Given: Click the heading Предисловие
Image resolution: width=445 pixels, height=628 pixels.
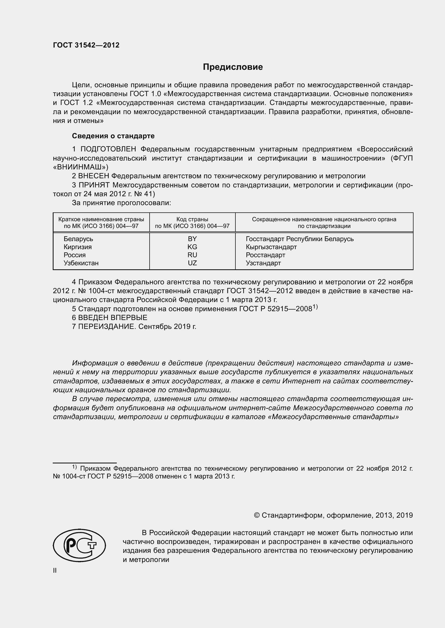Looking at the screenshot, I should [x=233, y=67].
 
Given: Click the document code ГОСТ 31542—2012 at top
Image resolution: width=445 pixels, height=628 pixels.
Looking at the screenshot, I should [x=86, y=45].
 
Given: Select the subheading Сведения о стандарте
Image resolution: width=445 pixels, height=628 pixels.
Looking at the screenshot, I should [x=113, y=136].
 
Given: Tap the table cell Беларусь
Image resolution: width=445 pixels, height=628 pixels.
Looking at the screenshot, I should [x=78, y=239].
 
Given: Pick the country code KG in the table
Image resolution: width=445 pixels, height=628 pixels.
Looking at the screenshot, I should [x=192, y=247].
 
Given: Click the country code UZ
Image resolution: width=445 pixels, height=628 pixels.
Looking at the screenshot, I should [x=192, y=263].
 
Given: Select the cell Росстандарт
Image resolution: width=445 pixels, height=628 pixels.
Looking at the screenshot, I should [x=265, y=255].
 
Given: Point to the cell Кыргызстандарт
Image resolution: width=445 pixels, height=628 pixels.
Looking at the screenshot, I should [x=271, y=247].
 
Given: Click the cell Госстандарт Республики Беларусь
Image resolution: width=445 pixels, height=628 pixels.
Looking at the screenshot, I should [x=299, y=239].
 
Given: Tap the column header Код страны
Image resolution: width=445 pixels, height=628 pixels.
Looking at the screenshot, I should [x=192, y=219].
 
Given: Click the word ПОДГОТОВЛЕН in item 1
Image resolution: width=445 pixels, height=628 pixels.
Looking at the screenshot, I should [x=108, y=149].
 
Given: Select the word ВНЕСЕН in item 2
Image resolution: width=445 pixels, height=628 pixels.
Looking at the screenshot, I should [x=94, y=176].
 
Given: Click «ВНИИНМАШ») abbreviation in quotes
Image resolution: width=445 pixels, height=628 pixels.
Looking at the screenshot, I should [x=80, y=167].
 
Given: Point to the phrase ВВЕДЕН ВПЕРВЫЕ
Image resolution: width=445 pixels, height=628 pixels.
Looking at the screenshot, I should [x=113, y=318].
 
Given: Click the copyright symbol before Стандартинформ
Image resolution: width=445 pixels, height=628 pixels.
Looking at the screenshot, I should [x=256, y=515].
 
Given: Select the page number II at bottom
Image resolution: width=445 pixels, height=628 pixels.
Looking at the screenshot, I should [x=55, y=570].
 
